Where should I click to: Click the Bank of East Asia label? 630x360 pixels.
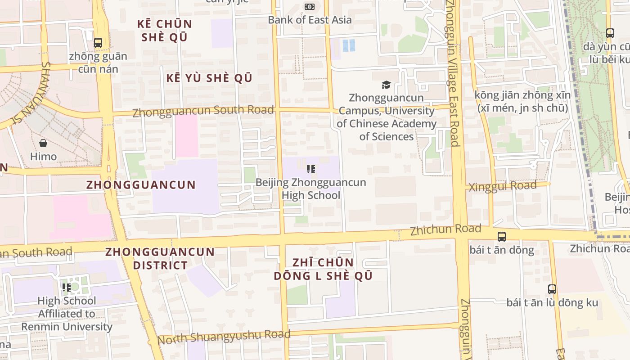(310, 20)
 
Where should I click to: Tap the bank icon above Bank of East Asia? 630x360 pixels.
(310, 7)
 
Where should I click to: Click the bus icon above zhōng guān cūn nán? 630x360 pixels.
(98, 43)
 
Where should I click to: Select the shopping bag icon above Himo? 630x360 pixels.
(43, 143)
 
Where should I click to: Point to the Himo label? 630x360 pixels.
(43, 157)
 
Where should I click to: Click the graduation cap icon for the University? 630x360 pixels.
(386, 85)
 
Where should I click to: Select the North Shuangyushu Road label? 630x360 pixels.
(224, 337)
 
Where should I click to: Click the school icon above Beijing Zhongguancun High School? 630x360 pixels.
(310, 169)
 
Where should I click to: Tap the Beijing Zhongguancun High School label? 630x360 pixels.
(310, 189)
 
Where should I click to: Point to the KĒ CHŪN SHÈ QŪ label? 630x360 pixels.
(164, 30)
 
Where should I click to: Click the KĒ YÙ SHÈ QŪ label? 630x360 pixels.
(209, 78)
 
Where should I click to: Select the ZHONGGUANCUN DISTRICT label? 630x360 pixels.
(160, 258)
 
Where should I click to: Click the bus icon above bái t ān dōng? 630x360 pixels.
(501, 236)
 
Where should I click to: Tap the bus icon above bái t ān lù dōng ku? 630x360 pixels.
(552, 289)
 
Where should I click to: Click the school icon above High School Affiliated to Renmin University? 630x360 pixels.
(67, 287)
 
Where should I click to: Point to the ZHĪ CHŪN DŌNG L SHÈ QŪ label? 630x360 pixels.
(323, 269)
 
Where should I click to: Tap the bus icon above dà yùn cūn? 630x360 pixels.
(610, 33)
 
